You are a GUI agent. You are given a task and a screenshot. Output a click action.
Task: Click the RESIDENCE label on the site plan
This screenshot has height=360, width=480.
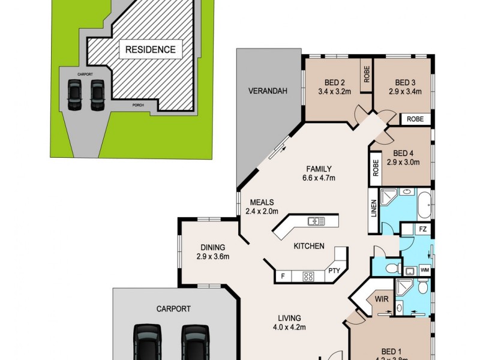pyautogui.click(x=150, y=49)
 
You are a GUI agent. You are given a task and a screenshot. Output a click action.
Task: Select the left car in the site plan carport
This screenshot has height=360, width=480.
pyautogui.click(x=74, y=96)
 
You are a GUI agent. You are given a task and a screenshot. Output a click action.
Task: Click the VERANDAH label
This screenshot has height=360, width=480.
pyautogui.click(x=268, y=91)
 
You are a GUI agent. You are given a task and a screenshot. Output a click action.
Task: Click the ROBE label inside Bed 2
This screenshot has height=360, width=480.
pyautogui.click(x=366, y=73)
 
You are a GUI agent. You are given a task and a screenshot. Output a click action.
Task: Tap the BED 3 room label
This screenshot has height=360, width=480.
pyautogui.click(x=406, y=82)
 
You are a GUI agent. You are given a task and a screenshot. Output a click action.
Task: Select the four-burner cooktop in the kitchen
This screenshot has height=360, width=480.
pyautogui.click(x=308, y=277)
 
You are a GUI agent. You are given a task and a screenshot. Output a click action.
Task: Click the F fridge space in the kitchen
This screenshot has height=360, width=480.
pyautogui.click(x=282, y=277)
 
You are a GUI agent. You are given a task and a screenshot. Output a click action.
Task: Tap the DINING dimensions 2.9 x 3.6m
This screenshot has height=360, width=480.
pyautogui.click(x=212, y=256)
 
